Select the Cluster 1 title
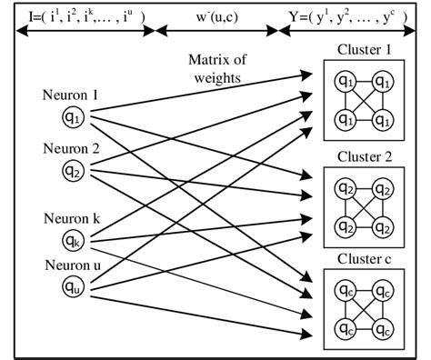(x=362, y=49)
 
